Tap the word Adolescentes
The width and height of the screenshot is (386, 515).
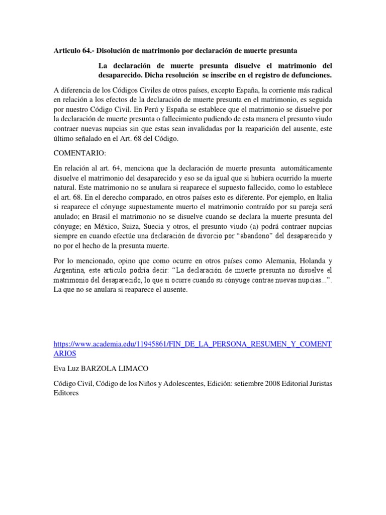[x=167, y=384]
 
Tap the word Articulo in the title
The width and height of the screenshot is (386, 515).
[x=67, y=51]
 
